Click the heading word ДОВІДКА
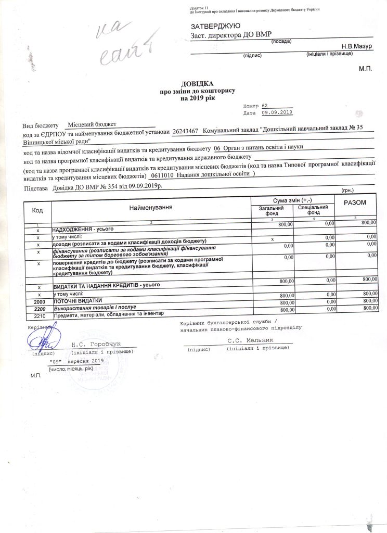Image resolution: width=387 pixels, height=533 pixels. tap(197, 84)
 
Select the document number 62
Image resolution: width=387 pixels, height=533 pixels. tap(265, 105)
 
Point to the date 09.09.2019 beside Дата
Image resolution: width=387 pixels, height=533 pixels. tap(278, 112)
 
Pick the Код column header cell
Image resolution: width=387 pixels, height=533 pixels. tap(37, 210)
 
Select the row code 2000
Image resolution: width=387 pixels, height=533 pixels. tap(40, 302)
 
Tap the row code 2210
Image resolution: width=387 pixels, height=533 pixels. tap(40, 315)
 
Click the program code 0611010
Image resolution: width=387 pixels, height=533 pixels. tap(161, 175)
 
